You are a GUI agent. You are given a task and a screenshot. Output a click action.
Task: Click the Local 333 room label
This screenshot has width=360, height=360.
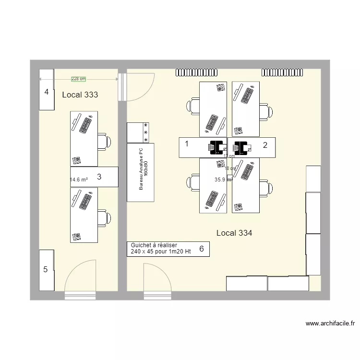[80, 95]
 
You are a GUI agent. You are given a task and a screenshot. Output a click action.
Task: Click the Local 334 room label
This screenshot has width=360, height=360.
[234, 233]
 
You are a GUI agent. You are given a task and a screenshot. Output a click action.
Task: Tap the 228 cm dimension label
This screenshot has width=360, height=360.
[79, 79]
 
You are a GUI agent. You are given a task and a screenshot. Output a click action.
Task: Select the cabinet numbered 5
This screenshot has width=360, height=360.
[46, 270]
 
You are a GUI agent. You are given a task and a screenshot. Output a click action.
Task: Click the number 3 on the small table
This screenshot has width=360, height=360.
[99, 177]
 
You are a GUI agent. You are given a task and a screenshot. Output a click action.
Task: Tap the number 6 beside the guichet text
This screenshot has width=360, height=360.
[202, 249]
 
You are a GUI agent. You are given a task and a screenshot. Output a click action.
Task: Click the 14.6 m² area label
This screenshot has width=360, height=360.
[79, 180]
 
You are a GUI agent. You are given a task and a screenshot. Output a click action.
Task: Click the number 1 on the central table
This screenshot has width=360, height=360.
[187, 144]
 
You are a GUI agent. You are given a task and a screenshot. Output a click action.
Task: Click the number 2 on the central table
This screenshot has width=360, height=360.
[264, 144]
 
